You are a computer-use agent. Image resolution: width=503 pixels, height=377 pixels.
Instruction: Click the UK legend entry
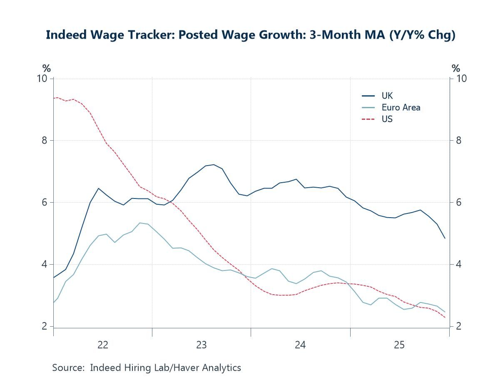click(x=387, y=96)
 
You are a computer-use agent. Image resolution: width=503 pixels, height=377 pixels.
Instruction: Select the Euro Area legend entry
click(x=401, y=107)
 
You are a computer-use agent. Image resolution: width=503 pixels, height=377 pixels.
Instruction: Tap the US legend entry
click(x=387, y=119)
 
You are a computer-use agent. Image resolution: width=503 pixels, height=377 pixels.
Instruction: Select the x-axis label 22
click(x=102, y=345)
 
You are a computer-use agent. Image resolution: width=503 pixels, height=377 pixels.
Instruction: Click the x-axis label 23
click(x=202, y=345)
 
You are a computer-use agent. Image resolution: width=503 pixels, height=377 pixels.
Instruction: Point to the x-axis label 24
click(x=300, y=345)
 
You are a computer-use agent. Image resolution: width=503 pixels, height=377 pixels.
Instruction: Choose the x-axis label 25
click(x=399, y=345)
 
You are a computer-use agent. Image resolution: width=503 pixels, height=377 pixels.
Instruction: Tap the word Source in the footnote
click(x=68, y=368)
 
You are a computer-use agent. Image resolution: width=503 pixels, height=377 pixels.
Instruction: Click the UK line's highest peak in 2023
click(x=214, y=164)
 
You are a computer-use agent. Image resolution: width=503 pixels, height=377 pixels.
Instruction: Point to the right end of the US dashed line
click(x=445, y=317)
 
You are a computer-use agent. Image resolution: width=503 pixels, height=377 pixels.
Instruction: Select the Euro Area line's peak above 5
click(x=140, y=223)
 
